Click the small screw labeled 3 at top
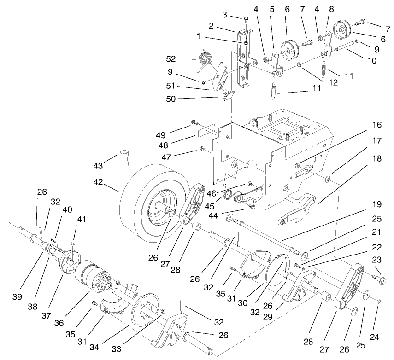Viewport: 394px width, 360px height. [246, 19]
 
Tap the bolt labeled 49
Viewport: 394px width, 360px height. [195, 123]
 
